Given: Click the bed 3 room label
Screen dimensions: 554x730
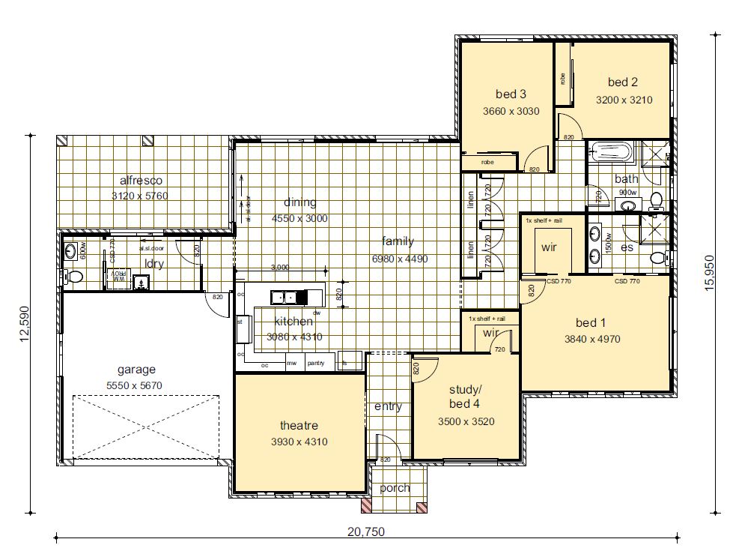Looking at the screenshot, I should point(511,94).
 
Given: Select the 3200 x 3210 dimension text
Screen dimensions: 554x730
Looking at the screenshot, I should point(624,99).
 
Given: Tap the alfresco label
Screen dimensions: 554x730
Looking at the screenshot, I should point(141,180).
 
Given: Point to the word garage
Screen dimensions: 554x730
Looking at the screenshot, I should point(136,369).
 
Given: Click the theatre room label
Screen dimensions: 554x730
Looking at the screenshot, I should point(299,425).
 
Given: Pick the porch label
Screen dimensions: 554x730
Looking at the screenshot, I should point(395,488).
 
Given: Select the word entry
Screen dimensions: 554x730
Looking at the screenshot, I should point(388,406).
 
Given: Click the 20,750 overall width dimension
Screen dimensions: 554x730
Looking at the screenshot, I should point(365,532).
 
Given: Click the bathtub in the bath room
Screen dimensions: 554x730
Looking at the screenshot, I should point(611,154).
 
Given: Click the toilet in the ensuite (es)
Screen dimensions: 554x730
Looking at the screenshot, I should point(657,258).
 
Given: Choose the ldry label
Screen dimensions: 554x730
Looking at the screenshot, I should point(155,264).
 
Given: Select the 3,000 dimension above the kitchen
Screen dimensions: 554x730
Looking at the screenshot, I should point(279,268).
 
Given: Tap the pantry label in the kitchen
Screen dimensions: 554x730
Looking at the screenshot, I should point(315,364).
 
